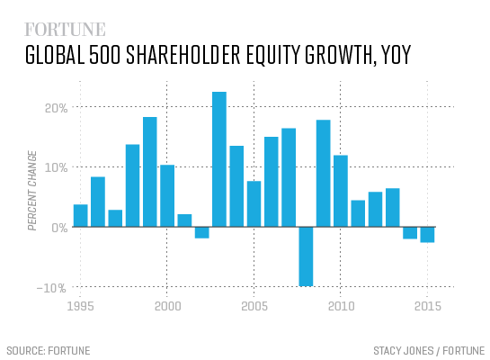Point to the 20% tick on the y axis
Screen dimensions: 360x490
(x=56, y=107)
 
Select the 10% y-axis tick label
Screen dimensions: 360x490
(x=56, y=167)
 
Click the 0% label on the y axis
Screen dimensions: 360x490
(x=59, y=228)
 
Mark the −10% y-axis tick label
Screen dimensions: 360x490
(x=54, y=288)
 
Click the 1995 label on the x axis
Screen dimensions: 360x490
(x=81, y=307)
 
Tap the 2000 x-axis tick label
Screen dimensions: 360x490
(x=167, y=307)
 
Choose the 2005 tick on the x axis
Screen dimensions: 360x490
(x=254, y=307)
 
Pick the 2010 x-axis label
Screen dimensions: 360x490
(x=340, y=307)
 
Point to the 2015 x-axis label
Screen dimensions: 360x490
(x=426, y=307)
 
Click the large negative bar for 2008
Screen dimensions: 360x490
(x=306, y=256)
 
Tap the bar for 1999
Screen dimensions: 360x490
(x=150, y=172)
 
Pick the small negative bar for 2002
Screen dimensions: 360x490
(x=202, y=232)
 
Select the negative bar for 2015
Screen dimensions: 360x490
(x=427, y=235)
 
